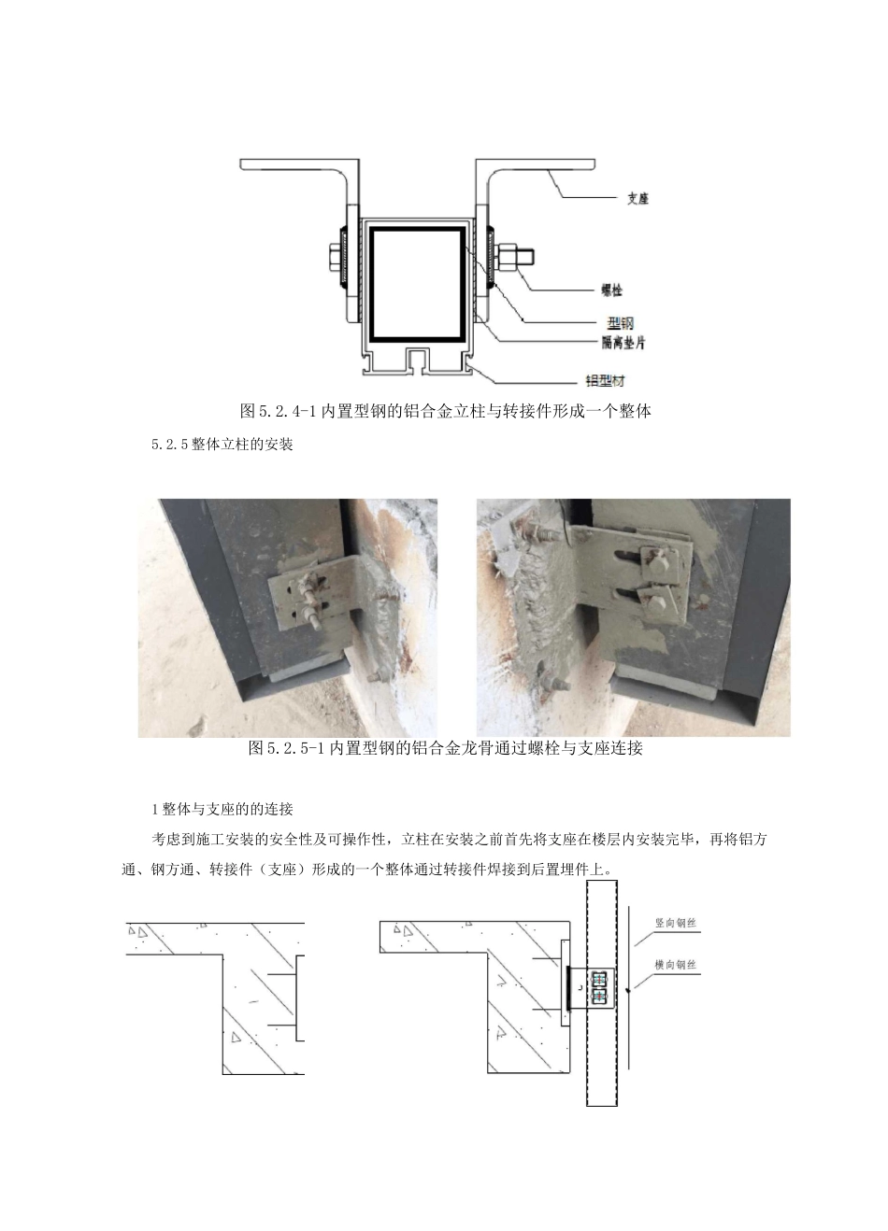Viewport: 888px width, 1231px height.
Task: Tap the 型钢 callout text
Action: point(620,323)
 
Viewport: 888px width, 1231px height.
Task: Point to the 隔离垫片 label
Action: point(623,343)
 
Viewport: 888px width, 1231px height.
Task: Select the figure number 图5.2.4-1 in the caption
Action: point(279,410)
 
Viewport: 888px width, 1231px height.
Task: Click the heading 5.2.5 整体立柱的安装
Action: point(222,445)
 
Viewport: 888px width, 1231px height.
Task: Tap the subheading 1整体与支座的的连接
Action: point(222,808)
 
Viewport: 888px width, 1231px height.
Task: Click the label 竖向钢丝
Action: point(675,924)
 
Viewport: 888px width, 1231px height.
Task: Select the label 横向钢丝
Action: point(675,965)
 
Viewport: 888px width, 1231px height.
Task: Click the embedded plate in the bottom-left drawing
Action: point(298,997)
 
